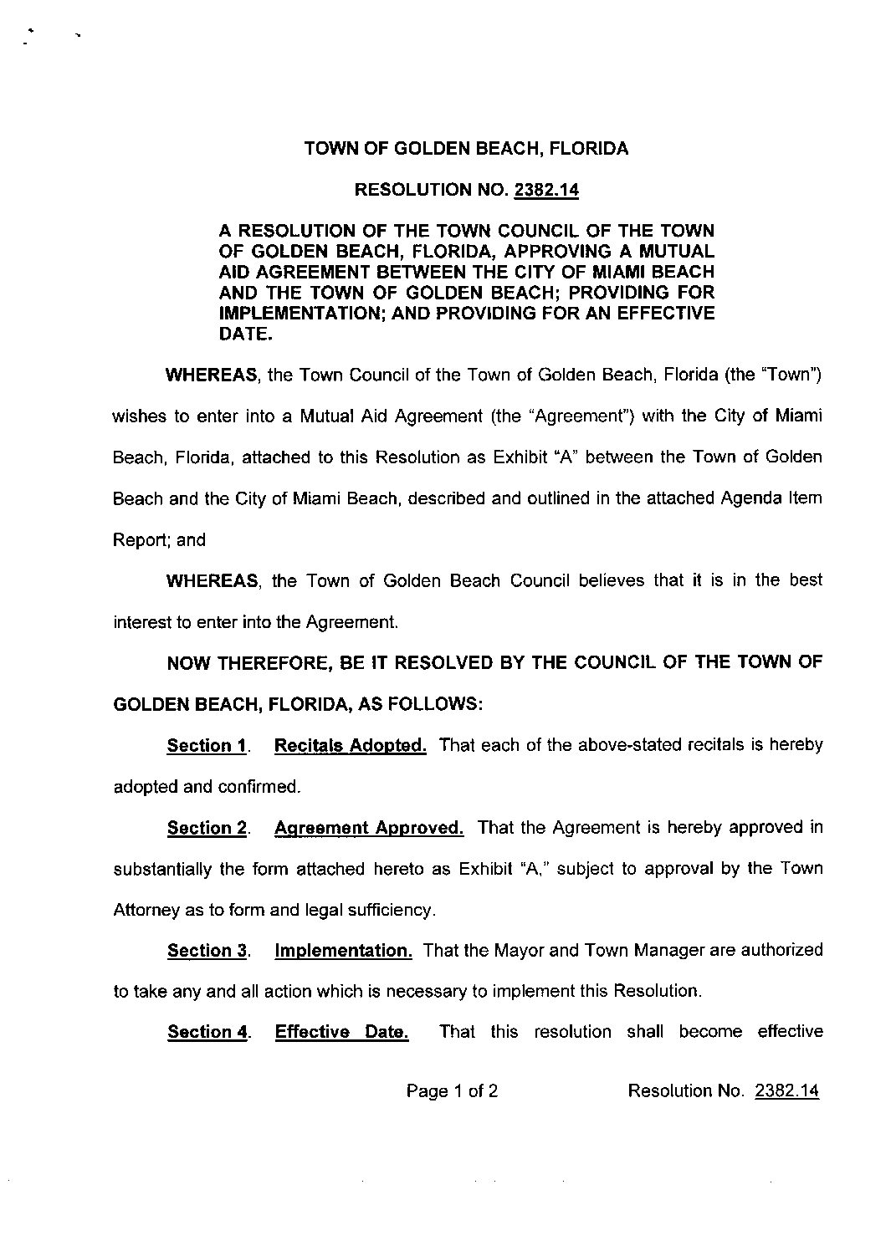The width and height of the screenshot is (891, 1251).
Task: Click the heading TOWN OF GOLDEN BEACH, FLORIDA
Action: click(466, 149)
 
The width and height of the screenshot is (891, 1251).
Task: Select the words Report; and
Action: click(159, 539)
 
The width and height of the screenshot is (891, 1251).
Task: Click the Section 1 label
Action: click(207, 745)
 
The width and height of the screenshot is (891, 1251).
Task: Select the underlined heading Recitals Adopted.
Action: click(350, 745)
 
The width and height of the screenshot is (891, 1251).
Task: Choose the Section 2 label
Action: click(207, 828)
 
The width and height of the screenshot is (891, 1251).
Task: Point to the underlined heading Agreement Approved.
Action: click(369, 828)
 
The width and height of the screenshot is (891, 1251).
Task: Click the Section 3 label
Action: click(207, 950)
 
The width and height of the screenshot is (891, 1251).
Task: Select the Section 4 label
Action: click(207, 1032)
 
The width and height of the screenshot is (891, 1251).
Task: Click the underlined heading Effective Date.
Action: click(341, 1032)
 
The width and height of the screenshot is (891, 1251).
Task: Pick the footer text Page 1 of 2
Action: click(453, 1090)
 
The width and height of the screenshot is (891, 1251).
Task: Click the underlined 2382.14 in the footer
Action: click(786, 1090)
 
